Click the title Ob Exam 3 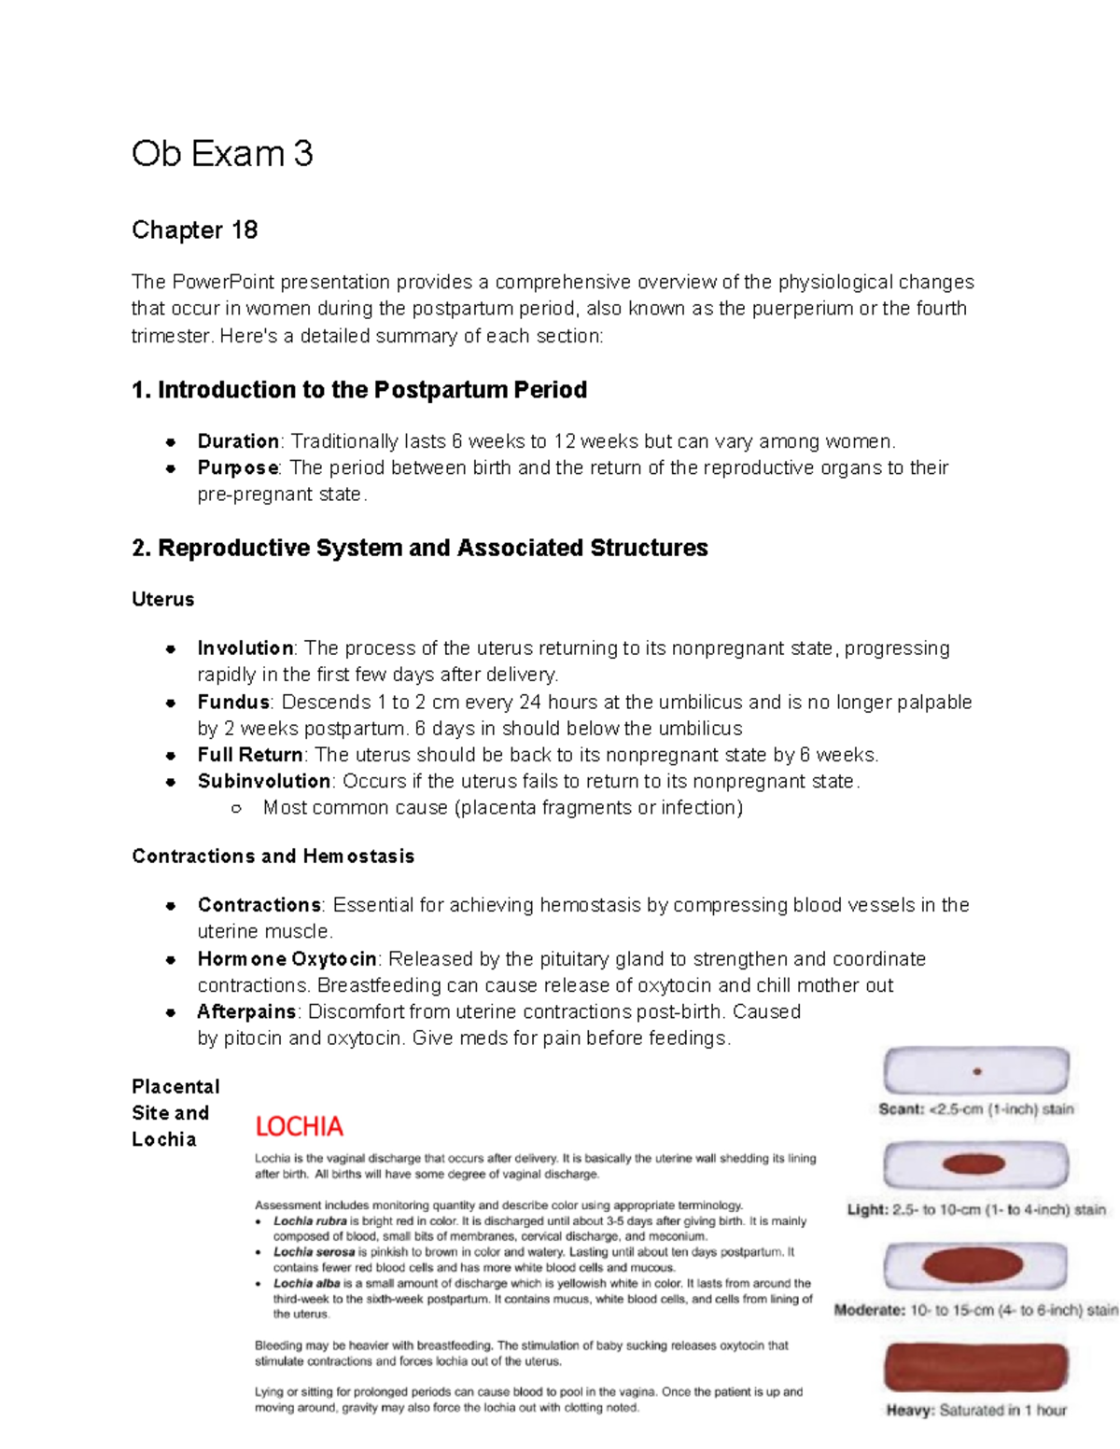(x=222, y=154)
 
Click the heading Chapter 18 (x=194, y=230)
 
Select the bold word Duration (x=238, y=441)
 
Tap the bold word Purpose (x=238, y=467)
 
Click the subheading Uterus (x=163, y=600)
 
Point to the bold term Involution (x=245, y=648)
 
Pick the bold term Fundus (x=233, y=703)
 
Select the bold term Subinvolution (x=264, y=781)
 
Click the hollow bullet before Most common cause (x=236, y=809)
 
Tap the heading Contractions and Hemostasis (x=273, y=857)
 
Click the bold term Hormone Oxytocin (x=287, y=959)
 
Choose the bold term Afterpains (x=246, y=1012)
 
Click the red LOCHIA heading (x=299, y=1127)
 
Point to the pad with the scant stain (x=976, y=1071)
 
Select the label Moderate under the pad (x=869, y=1310)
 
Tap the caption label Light (x=867, y=1210)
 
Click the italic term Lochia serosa (x=314, y=1252)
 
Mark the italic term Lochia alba (x=306, y=1284)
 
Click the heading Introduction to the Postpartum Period (x=359, y=390)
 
